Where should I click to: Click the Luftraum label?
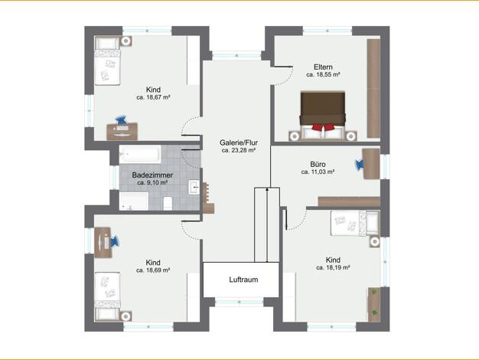[x=243, y=280]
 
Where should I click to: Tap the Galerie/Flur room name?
[x=239, y=142]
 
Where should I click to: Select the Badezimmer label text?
[x=152, y=175]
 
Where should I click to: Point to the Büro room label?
[x=318, y=164]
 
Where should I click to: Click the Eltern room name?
[x=323, y=67]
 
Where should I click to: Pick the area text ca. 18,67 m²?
[x=153, y=97]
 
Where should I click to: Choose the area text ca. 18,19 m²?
[x=333, y=267]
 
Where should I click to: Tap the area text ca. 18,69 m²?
[x=153, y=270]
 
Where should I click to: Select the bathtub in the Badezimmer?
[x=140, y=155]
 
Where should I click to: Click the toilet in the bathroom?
[x=168, y=204]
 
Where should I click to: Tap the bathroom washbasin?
[x=194, y=187]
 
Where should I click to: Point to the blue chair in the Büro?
[x=360, y=165]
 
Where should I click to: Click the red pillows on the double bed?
[x=323, y=127]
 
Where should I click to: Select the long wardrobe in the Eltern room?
[x=373, y=88]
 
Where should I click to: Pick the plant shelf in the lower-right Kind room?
[x=374, y=305]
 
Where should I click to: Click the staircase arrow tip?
[x=267, y=188]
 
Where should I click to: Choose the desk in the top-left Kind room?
[x=122, y=132]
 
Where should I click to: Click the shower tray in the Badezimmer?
[x=134, y=201]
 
